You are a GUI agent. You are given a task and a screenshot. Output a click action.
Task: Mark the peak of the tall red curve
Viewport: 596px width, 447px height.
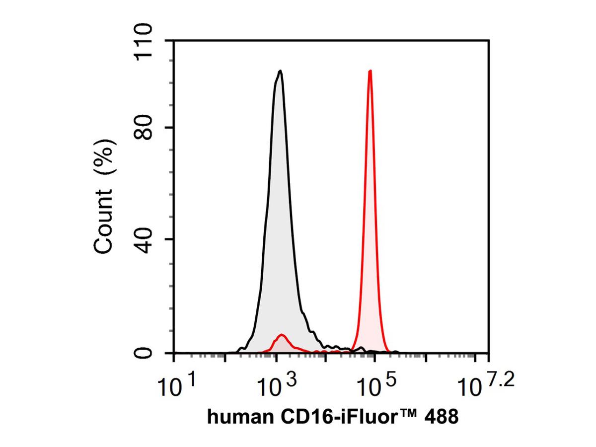pos(370,71)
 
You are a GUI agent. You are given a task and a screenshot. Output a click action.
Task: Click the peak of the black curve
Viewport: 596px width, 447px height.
pos(281,71)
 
